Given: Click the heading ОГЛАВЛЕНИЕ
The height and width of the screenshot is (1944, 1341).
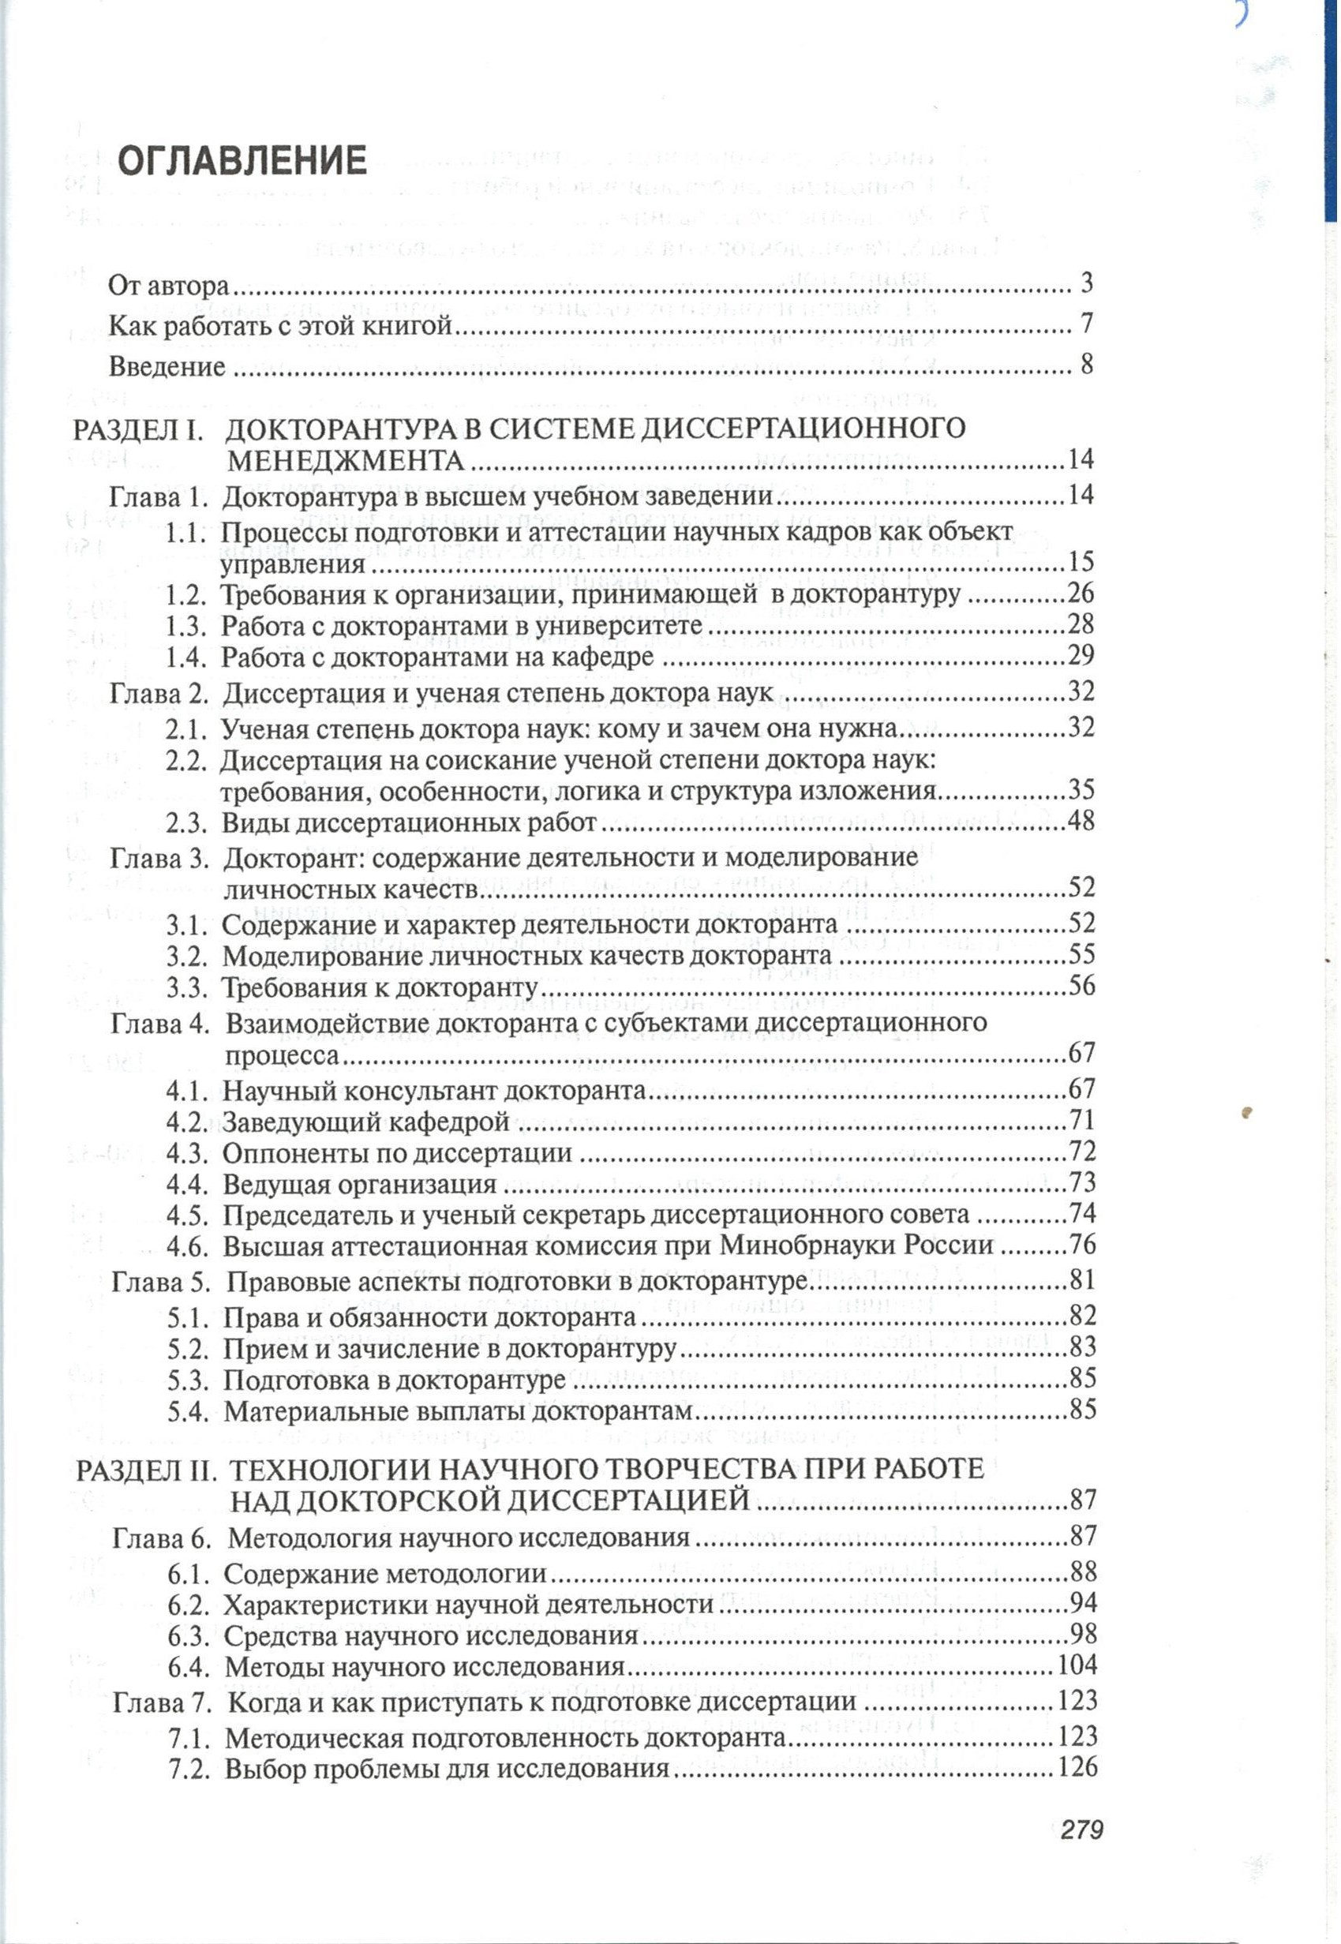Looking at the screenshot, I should tap(242, 159).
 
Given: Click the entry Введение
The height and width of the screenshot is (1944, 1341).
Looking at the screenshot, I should tap(167, 367).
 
